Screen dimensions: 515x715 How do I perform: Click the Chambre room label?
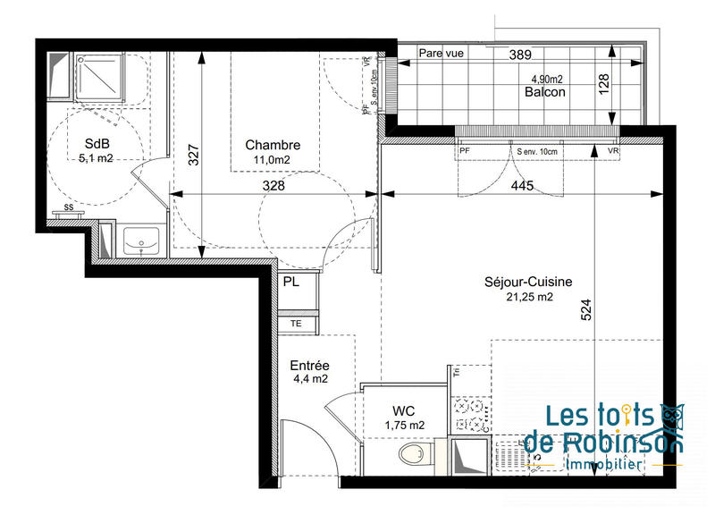[273, 145]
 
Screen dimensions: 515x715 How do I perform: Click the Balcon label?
[544, 91]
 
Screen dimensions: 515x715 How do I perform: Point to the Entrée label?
[310, 365]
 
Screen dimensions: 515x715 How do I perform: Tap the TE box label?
[296, 323]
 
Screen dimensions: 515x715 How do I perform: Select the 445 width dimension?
[523, 186]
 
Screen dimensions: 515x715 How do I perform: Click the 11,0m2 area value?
[273, 160]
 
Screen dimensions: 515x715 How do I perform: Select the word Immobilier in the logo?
[604, 465]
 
